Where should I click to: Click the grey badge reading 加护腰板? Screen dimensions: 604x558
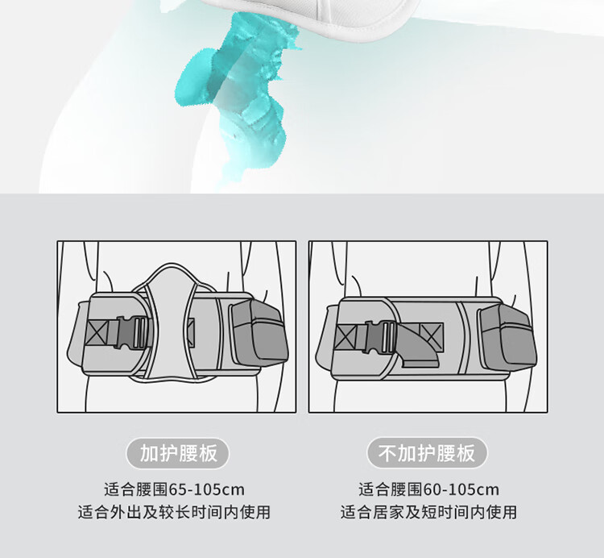tap(178, 453)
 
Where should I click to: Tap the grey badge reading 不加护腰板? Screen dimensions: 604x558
tap(427, 453)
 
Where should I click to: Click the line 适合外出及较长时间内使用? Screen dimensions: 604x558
tap(174, 512)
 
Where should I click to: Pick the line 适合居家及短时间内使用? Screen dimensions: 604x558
tap(428, 512)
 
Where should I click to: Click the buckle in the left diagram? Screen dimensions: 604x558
tap(132, 333)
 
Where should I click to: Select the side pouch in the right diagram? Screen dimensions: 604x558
tap(507, 335)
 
